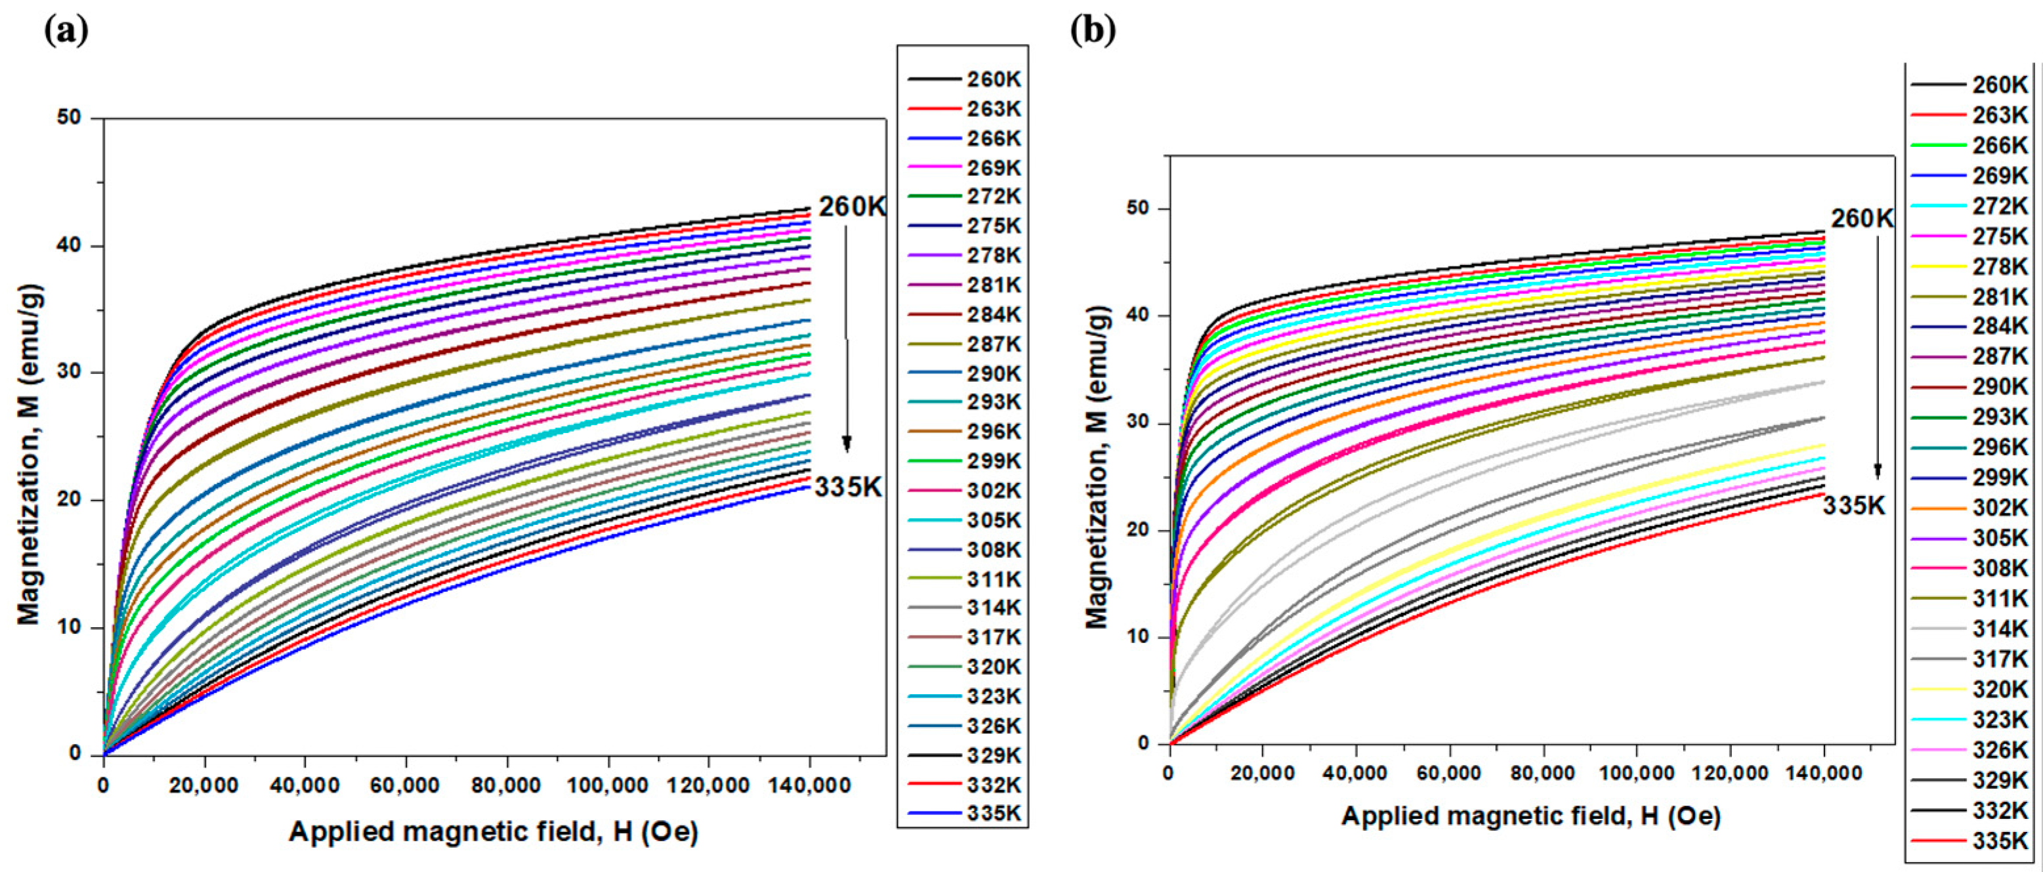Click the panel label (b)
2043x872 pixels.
pos(1093,30)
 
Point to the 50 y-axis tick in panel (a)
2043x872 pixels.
pos(70,118)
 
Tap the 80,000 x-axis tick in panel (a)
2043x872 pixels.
pos(506,785)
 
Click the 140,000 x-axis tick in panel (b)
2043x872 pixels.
pos(1824,773)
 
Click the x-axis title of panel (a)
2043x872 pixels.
pos(494,831)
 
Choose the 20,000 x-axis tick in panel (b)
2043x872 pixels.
pos(1262,773)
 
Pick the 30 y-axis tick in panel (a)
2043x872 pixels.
pos(70,373)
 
